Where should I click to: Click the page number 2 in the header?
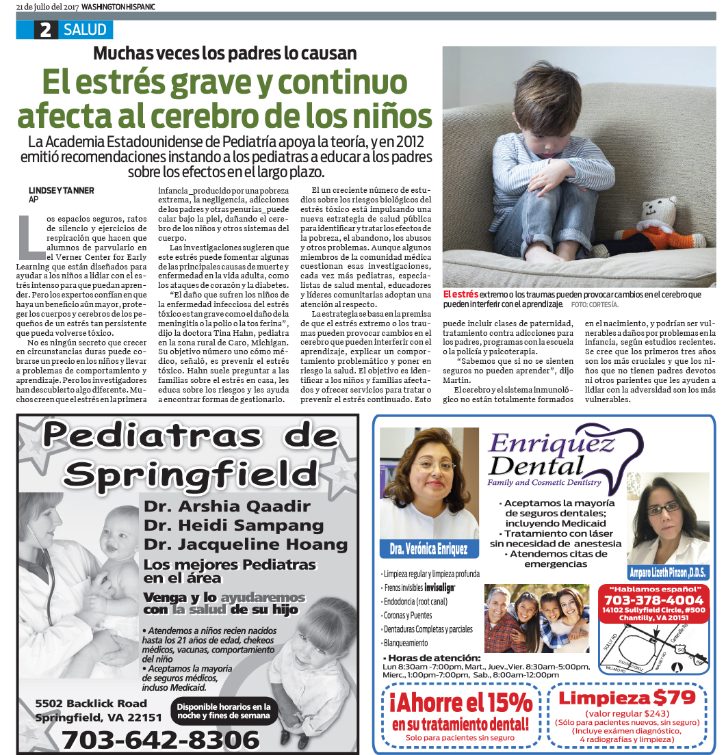pyautogui.click(x=46, y=30)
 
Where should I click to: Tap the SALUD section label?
pyautogui.click(x=86, y=30)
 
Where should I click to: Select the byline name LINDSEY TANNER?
pyautogui.click(x=62, y=190)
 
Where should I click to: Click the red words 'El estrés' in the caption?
pyautogui.click(x=461, y=293)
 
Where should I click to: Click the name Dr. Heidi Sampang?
pyautogui.click(x=233, y=525)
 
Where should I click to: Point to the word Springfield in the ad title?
pyautogui.click(x=187, y=471)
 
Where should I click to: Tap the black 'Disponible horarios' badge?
pyautogui.click(x=224, y=711)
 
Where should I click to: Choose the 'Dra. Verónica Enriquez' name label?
pyautogui.click(x=429, y=548)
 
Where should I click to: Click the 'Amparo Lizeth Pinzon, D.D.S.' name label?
pyautogui.click(x=668, y=572)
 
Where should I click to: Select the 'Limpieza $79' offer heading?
pyautogui.click(x=627, y=698)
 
